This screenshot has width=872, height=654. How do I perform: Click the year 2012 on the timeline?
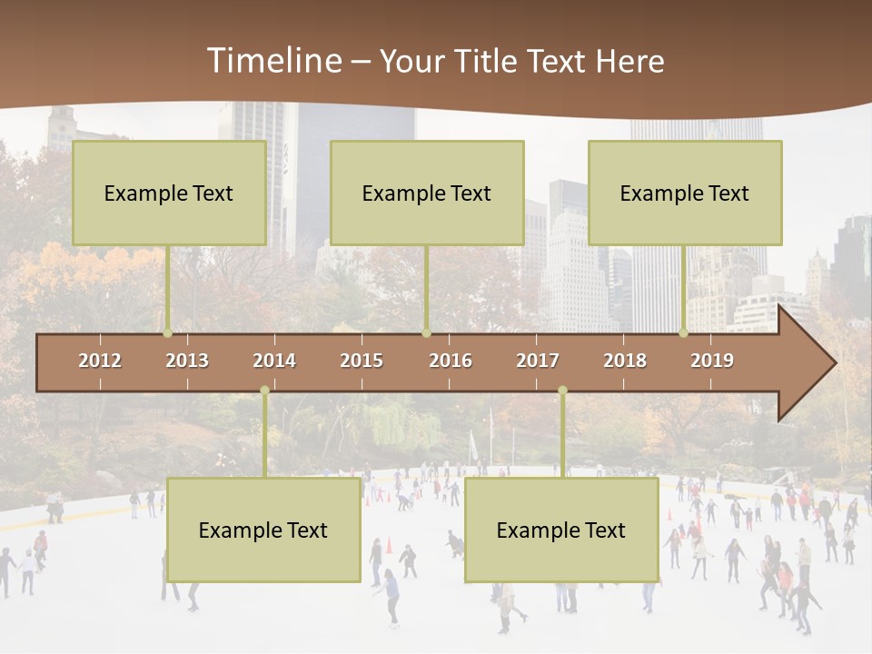100,361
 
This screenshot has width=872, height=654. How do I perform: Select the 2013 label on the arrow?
187,361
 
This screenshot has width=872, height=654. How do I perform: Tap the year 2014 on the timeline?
274,361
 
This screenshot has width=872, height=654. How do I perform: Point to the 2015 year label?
362,361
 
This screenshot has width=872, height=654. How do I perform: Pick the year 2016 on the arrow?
451,361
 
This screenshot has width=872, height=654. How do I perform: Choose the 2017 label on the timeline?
538,361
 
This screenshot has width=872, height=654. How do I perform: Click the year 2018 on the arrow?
625,361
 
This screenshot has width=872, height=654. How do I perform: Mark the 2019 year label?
712,361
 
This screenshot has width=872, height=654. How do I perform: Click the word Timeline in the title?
273,61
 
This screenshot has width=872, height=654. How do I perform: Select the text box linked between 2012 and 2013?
169,193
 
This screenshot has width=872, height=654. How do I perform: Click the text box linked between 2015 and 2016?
427,193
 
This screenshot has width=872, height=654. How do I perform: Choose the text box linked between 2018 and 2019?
685,193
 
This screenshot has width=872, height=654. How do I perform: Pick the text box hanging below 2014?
263,530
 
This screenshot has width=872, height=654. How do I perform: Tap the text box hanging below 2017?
561,530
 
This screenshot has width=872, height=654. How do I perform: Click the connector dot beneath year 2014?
264,391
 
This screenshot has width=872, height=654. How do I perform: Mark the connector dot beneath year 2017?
562,391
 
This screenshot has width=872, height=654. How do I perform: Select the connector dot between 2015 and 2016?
426,333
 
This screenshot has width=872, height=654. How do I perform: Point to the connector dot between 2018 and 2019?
684,333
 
